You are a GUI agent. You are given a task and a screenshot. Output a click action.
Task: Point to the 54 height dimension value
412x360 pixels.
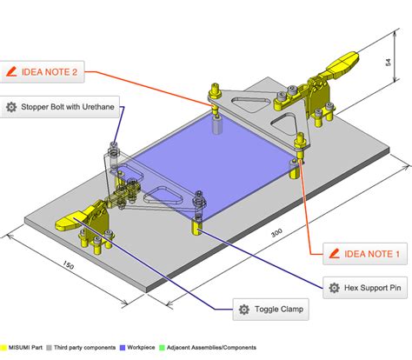(389, 63)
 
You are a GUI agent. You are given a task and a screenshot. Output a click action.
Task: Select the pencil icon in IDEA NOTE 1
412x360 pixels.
(335, 254)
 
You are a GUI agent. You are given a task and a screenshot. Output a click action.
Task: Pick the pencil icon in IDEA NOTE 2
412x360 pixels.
(12, 72)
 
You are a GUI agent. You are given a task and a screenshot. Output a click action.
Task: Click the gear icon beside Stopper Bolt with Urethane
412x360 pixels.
(12, 106)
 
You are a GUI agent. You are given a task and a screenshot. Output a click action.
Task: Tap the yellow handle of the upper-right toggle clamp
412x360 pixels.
(344, 63)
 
